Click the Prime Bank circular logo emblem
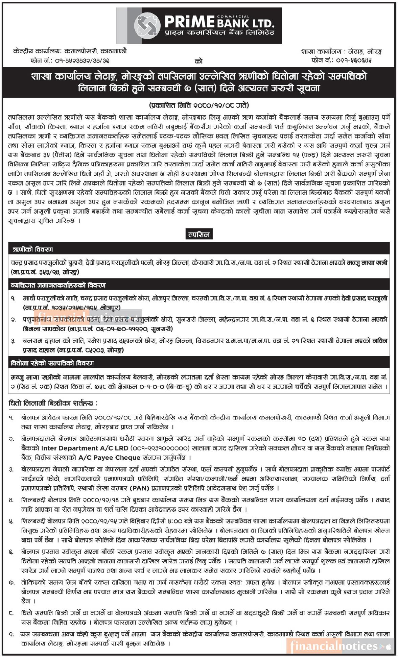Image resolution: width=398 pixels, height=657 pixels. click(147, 25)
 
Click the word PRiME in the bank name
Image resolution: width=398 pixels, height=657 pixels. click(190, 23)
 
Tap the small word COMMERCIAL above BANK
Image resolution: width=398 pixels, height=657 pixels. click(238, 16)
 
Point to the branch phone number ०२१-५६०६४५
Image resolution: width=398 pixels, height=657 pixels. click(355, 60)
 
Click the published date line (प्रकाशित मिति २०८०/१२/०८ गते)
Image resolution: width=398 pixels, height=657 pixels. click(199, 105)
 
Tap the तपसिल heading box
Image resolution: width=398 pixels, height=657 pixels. click(199, 234)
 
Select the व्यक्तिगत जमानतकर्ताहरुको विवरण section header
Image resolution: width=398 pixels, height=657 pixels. click(58, 285)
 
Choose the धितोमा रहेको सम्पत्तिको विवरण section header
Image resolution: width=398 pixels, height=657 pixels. click(52, 363)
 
